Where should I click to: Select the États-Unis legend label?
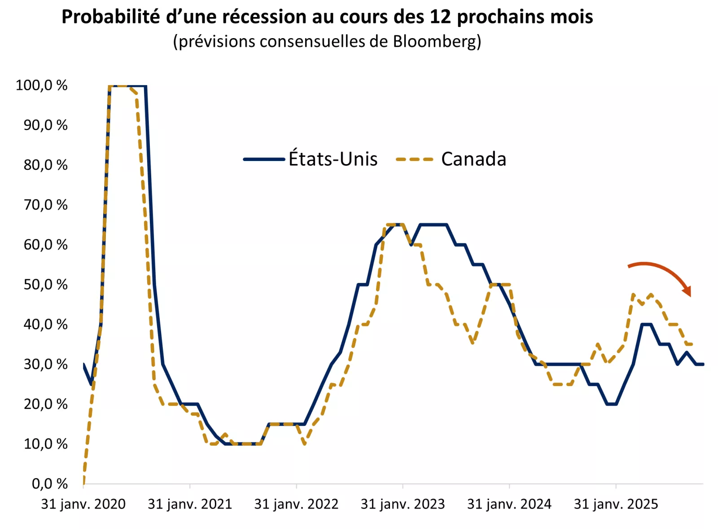(333, 159)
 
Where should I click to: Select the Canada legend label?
(473, 159)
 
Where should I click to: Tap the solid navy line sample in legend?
(264, 159)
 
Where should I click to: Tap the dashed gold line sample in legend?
(415, 159)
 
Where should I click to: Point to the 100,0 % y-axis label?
(41, 85)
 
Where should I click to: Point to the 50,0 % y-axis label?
(45, 285)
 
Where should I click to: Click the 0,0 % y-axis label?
(49, 484)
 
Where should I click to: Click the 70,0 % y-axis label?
(45, 205)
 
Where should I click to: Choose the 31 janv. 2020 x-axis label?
(83, 504)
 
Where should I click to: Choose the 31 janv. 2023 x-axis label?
(403, 504)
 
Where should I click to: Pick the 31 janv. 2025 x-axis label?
(616, 504)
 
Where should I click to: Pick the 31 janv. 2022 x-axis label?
(296, 504)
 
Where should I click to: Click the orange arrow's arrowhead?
(687, 291)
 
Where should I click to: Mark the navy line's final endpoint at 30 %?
(703, 364)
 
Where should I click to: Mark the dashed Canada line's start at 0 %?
(83, 483)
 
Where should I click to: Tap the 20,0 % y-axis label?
(45, 404)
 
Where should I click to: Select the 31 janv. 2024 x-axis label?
(509, 504)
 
